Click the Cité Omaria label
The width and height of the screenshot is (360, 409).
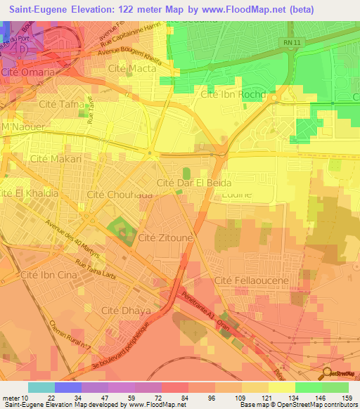click(x=27, y=72)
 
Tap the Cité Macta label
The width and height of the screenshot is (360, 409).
click(x=132, y=68)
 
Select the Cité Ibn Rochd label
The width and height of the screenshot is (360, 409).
click(x=233, y=94)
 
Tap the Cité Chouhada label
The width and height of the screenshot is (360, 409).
click(x=120, y=194)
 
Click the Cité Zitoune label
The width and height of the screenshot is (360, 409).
click(x=165, y=239)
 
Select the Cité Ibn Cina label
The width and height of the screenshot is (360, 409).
click(x=49, y=275)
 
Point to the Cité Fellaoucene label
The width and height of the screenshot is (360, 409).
click(x=252, y=280)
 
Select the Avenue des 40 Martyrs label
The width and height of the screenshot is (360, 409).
click(x=73, y=240)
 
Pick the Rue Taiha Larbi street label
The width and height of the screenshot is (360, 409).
click(x=100, y=271)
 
